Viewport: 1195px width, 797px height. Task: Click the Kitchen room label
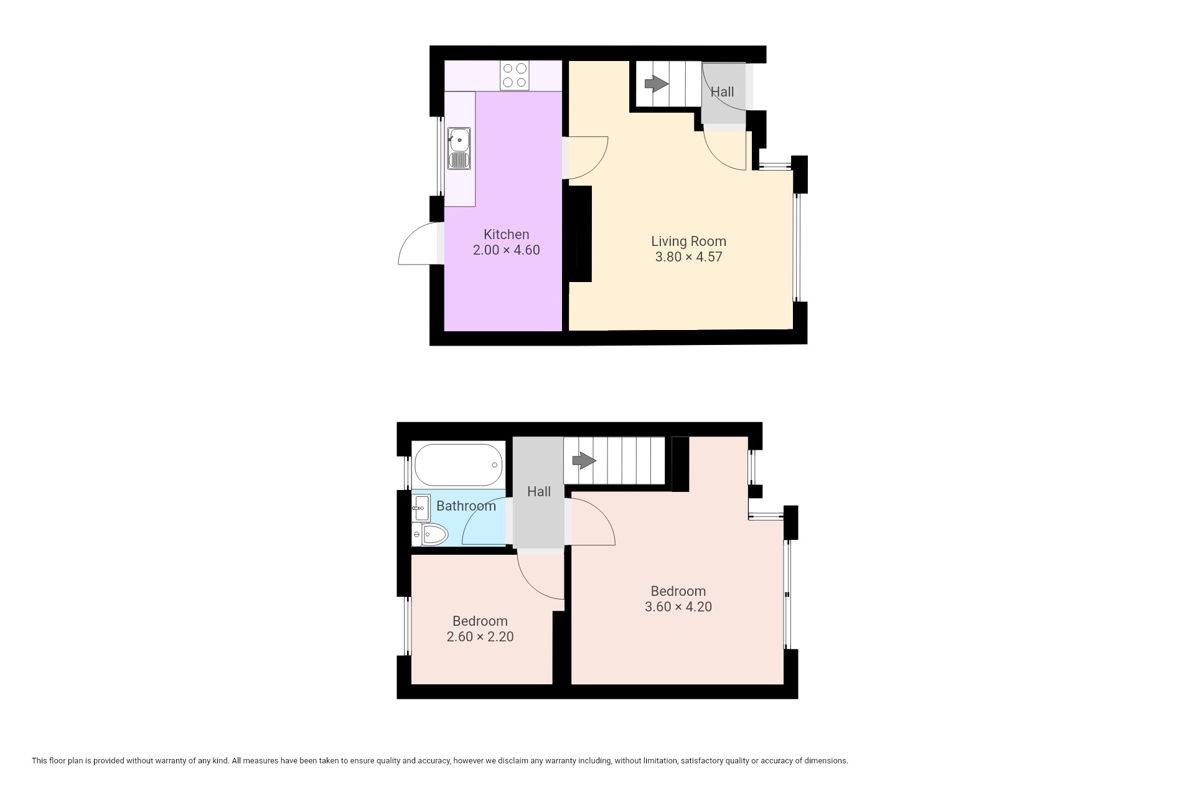506,235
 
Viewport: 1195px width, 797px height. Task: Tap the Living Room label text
688,242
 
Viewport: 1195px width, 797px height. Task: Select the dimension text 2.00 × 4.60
506,250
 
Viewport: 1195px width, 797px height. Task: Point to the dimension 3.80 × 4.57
688,257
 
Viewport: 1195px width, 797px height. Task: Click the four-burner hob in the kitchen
515,75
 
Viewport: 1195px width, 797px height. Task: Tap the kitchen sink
459,148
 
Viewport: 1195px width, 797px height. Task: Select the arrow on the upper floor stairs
584,461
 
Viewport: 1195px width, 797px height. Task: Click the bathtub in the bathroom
458,465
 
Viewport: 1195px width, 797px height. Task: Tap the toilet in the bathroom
430,534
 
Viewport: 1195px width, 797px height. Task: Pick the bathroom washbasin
421,508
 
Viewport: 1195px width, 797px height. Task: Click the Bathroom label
466,506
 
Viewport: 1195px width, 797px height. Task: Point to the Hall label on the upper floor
539,492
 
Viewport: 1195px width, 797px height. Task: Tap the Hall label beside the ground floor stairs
723,92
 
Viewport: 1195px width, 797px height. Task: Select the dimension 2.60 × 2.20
480,637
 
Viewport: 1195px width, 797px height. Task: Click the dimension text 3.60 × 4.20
678,607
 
